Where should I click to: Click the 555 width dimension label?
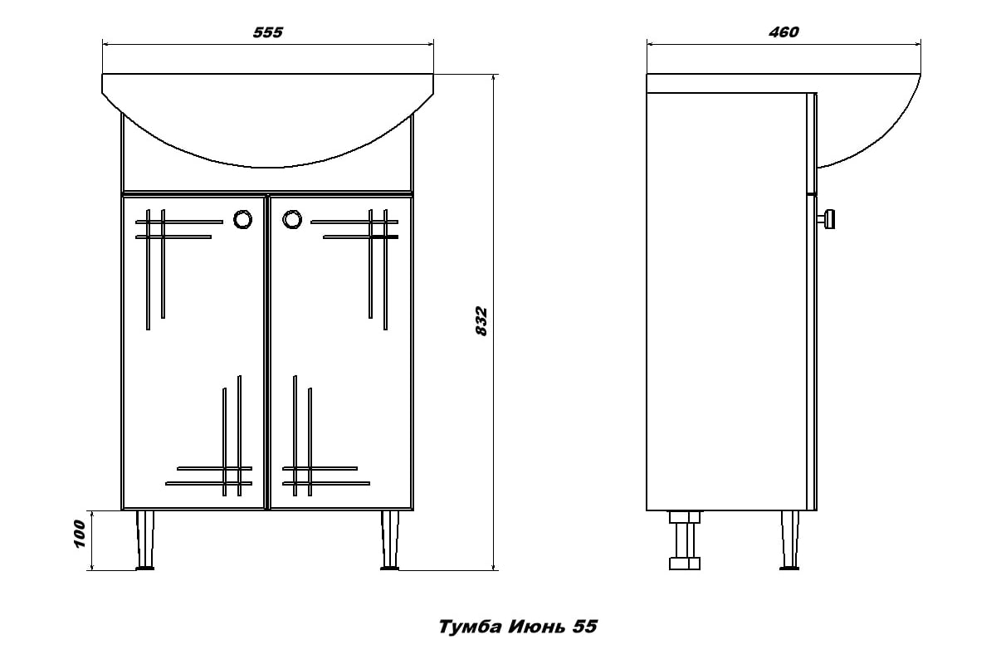(x=267, y=32)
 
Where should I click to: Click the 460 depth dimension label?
(x=784, y=32)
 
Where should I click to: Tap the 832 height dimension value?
(x=481, y=321)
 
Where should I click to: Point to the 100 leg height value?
(x=79, y=535)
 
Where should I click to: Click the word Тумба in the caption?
(x=471, y=627)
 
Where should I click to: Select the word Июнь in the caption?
(x=537, y=627)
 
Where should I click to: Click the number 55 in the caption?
(x=584, y=627)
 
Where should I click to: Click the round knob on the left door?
(x=242, y=220)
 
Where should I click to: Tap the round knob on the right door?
(x=292, y=220)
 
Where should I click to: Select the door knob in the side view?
(x=826, y=219)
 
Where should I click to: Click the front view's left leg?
(x=145, y=540)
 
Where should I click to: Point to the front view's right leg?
(x=389, y=540)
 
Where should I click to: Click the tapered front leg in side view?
(x=789, y=540)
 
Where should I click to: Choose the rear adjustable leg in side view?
(x=685, y=540)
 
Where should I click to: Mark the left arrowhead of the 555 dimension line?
(x=105, y=45)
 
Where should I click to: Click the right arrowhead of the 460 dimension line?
(x=917, y=45)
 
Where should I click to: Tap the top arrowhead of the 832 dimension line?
(x=493, y=78)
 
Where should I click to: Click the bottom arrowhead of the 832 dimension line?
(x=493, y=566)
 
